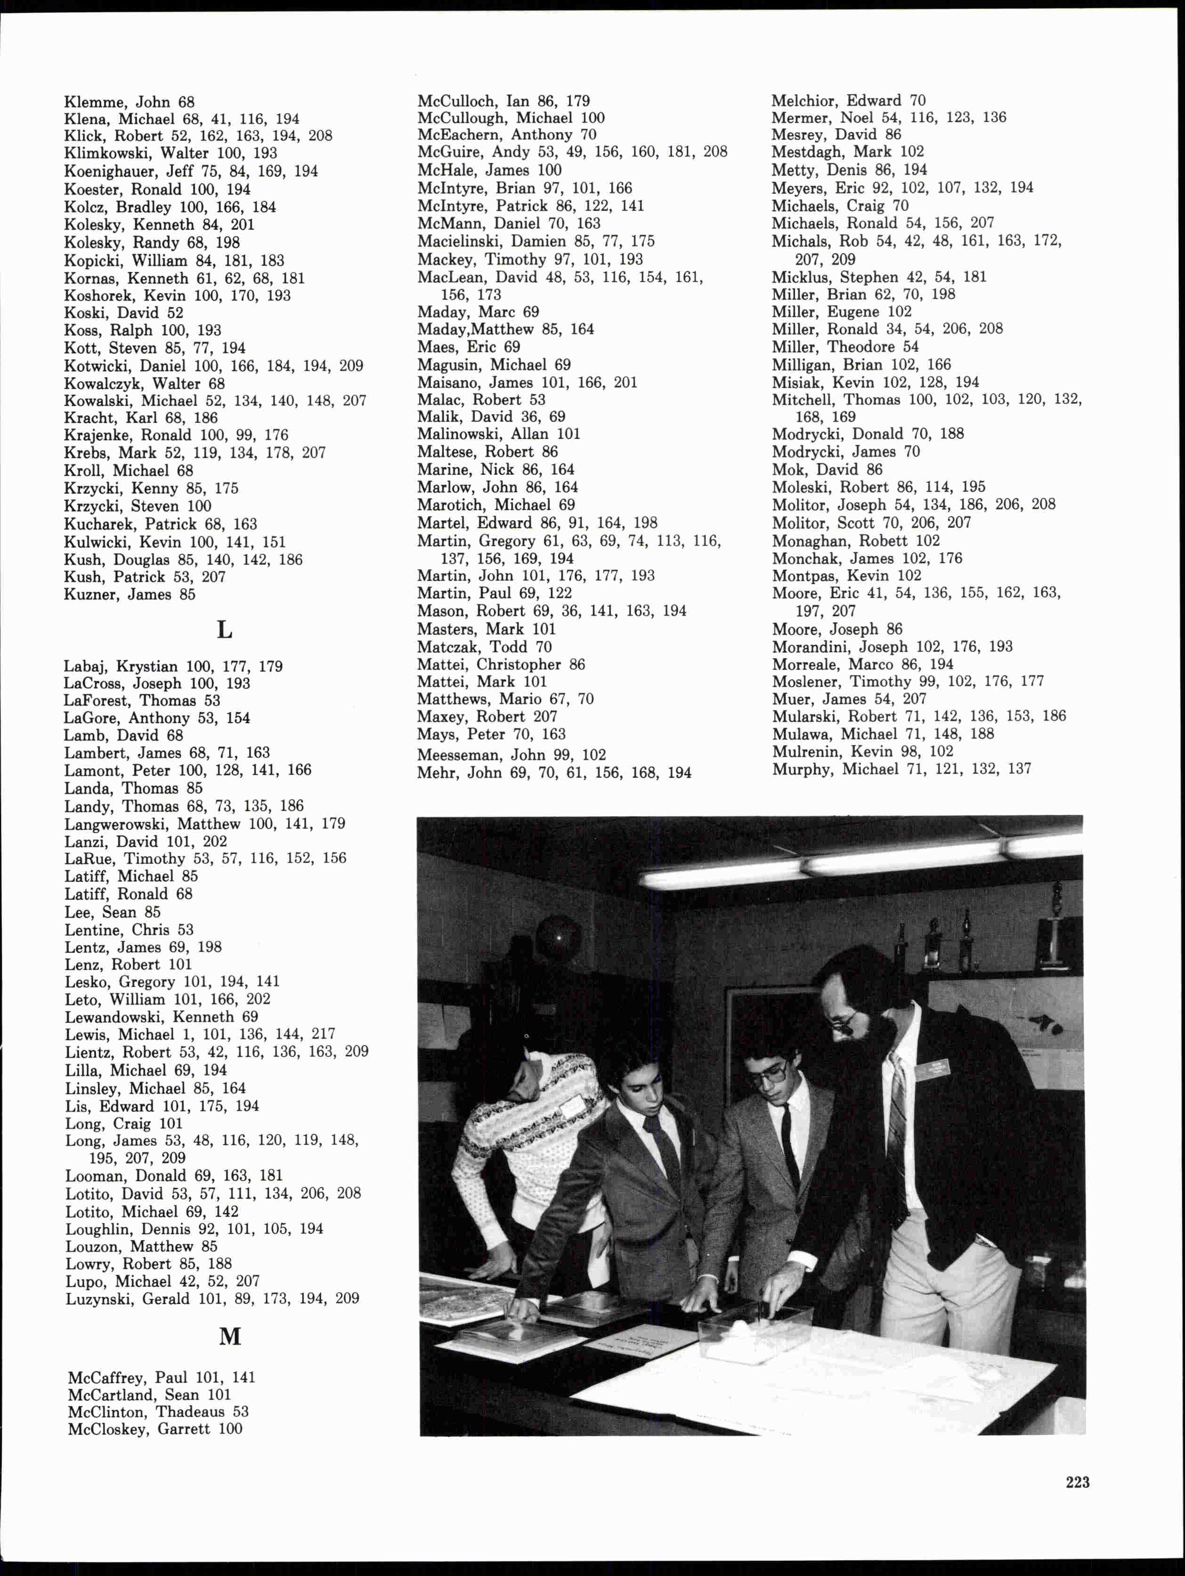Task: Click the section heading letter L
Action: click(224, 630)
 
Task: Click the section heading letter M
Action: click(230, 1337)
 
